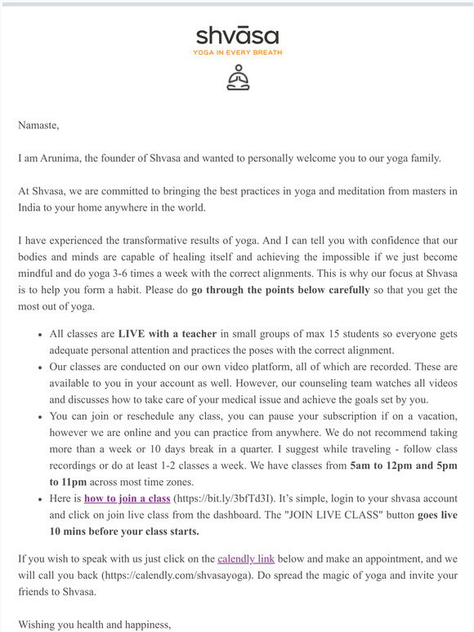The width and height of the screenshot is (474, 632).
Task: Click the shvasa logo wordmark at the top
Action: coord(237,36)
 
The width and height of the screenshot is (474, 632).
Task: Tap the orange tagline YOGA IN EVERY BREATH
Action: coord(237,52)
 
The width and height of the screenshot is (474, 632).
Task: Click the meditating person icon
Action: coord(237,77)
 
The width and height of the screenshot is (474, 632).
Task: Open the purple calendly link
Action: coord(246,559)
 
